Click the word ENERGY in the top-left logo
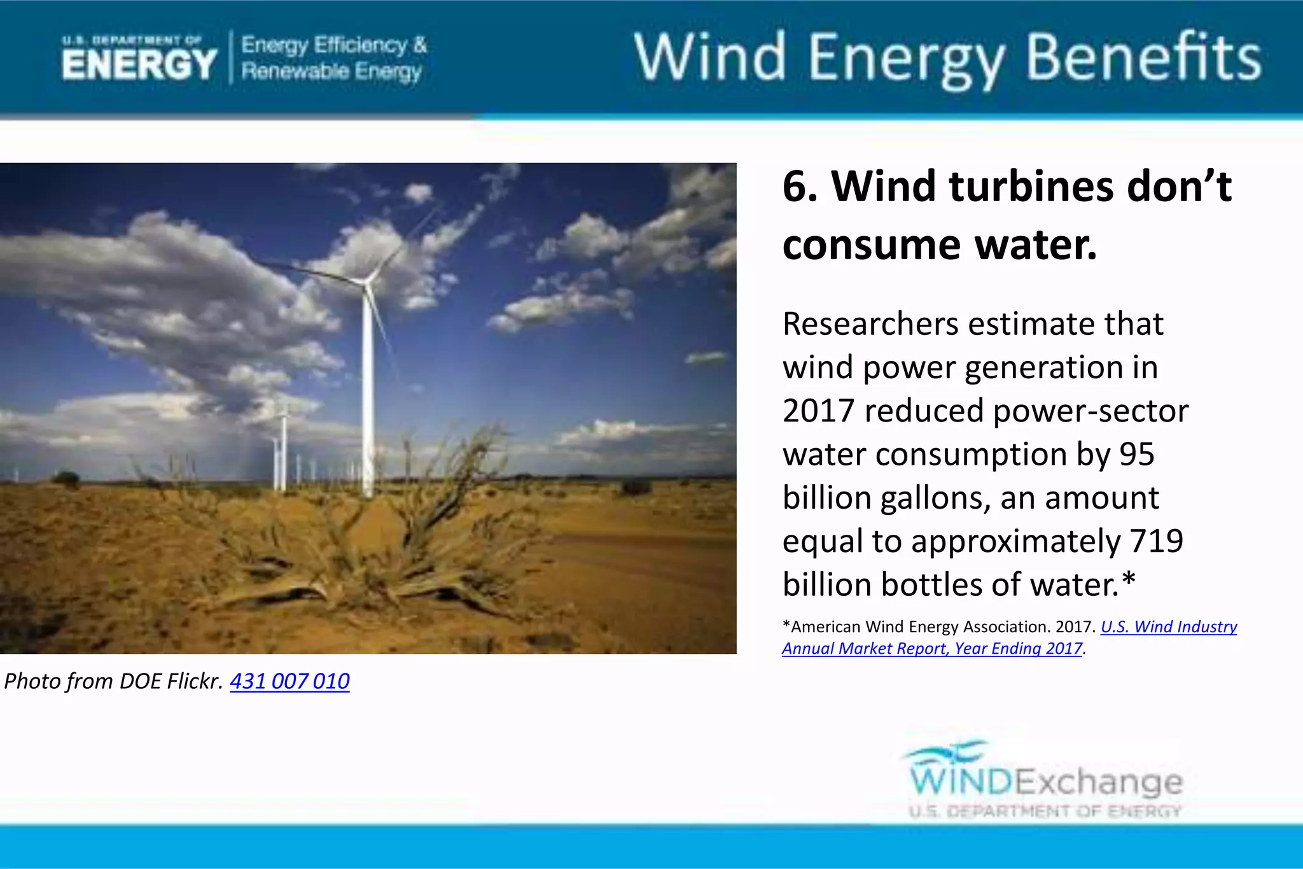(139, 65)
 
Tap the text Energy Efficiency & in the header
(333, 45)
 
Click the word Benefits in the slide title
(1143, 58)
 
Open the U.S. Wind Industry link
(1169, 626)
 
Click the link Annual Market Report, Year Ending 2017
(932, 648)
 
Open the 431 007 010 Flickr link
(289, 681)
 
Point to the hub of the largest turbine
(367, 281)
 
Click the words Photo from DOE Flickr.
(113, 681)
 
